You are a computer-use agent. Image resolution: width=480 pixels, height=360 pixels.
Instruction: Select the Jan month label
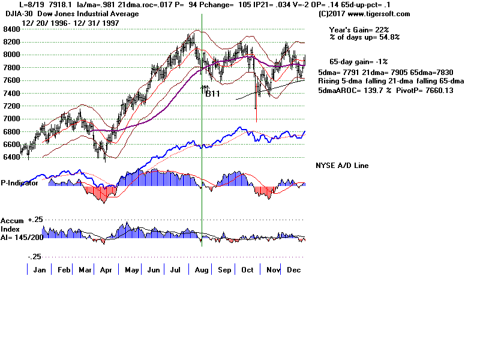(40, 270)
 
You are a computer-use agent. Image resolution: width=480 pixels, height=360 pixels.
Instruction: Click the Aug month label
(202, 270)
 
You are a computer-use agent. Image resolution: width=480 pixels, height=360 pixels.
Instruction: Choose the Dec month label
(293, 270)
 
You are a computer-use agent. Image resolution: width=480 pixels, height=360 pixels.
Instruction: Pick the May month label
(131, 270)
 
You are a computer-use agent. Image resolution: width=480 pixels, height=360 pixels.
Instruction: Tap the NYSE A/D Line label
(342, 166)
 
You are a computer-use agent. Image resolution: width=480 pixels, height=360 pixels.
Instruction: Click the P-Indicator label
(20, 183)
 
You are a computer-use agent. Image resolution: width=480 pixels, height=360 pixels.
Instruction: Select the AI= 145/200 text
(22, 238)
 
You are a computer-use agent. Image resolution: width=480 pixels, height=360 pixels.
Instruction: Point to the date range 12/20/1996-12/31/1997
(70, 23)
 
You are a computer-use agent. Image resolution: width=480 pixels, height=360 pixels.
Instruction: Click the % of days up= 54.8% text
(364, 37)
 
